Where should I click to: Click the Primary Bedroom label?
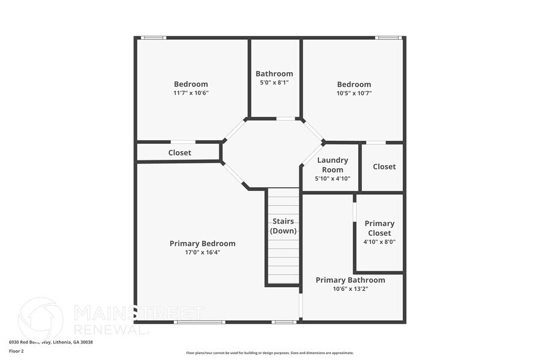[202, 244]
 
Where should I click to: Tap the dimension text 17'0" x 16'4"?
[202, 252]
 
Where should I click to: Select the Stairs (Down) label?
[283, 226]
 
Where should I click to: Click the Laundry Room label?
[332, 165]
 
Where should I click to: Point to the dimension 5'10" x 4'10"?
[332, 179]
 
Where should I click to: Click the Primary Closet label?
[380, 228]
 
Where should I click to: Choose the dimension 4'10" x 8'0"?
[380, 242]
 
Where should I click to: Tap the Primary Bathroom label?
[350, 280]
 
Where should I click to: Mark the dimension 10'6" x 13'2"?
[350, 288]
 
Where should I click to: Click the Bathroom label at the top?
[274, 73]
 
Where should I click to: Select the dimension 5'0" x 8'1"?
[274, 82]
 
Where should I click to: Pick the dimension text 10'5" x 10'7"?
[354, 93]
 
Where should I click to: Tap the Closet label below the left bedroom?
[179, 152]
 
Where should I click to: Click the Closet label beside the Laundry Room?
[384, 167]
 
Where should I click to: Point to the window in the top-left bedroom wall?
[153, 38]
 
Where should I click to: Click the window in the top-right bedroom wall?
[388, 38]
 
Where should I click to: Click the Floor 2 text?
[17, 351]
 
